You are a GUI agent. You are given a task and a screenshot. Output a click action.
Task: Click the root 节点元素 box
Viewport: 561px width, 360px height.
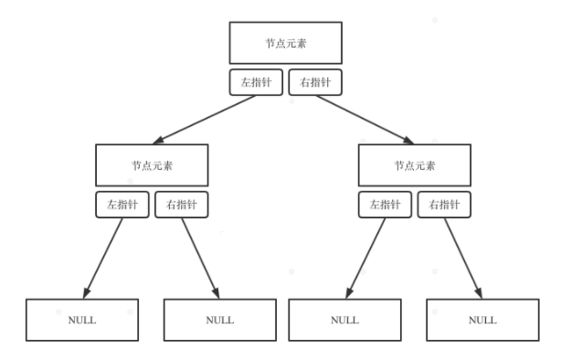[x=284, y=43]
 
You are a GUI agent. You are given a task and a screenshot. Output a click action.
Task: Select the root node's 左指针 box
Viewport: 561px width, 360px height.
[x=256, y=82]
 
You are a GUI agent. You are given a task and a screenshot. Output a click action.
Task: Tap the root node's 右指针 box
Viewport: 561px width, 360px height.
[x=315, y=82]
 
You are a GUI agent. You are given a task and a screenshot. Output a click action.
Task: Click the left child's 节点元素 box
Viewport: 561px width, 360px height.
[x=152, y=165]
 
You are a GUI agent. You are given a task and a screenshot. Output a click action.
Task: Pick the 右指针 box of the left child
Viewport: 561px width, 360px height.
[x=182, y=205]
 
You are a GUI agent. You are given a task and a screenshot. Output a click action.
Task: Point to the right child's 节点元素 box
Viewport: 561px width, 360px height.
[x=414, y=165]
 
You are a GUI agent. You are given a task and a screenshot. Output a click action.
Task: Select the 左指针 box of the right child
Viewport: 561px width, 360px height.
[x=386, y=205]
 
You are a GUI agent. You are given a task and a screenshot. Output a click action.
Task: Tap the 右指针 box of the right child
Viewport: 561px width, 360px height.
[x=444, y=205]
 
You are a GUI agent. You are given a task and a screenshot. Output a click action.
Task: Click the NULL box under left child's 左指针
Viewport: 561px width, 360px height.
[x=81, y=320]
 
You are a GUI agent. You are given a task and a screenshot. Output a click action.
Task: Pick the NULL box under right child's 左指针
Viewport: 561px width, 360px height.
[x=344, y=320]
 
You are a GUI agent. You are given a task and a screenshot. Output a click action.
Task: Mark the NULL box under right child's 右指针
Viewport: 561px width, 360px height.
[x=482, y=320]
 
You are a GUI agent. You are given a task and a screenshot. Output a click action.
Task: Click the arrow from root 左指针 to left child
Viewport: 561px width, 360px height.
[x=205, y=119]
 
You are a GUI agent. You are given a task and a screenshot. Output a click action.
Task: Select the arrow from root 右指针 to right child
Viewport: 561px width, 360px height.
[x=362, y=119]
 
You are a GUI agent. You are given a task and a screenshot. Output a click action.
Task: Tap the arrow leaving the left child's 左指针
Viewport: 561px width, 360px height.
[x=103, y=255]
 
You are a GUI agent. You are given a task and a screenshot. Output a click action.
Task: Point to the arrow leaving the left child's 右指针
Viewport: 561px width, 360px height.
[x=199, y=256]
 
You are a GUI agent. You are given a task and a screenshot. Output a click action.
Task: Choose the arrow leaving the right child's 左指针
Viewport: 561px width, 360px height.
[x=365, y=255]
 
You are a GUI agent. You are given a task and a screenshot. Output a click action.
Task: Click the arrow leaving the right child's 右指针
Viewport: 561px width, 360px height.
[x=462, y=256]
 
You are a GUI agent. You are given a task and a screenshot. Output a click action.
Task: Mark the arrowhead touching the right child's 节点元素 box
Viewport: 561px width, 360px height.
[x=408, y=142]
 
